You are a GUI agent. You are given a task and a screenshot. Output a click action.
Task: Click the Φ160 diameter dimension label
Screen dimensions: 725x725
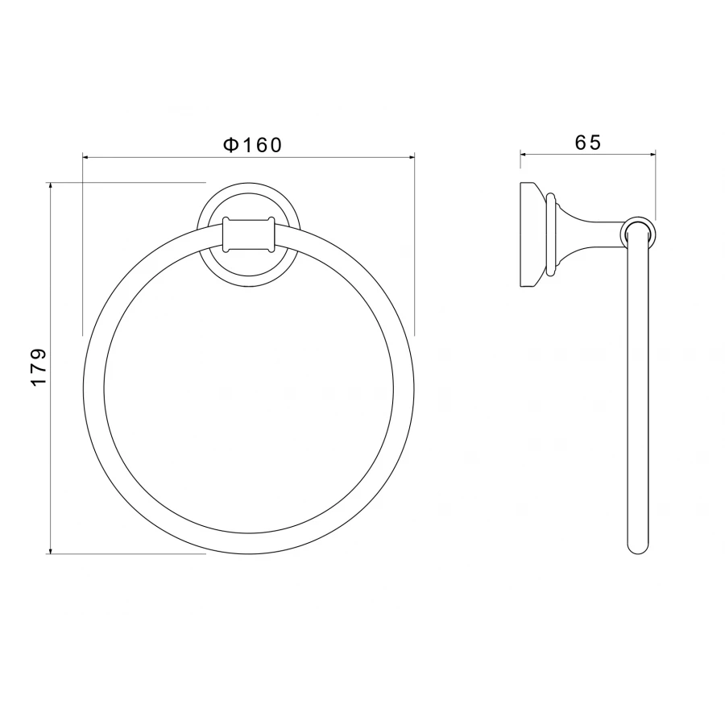coord(252,145)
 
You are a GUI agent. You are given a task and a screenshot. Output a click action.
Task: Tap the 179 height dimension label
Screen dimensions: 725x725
coord(39,367)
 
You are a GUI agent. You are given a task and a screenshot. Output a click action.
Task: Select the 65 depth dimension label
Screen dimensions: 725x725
coord(588,143)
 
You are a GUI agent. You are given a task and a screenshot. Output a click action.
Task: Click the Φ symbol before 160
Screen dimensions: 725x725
coord(230,145)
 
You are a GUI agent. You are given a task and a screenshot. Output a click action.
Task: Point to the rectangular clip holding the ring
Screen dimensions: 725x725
coord(249,235)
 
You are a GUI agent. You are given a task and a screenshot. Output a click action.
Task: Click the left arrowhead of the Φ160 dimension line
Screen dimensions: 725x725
coord(86,158)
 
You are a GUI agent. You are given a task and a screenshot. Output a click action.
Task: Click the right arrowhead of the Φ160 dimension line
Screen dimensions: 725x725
coord(410,158)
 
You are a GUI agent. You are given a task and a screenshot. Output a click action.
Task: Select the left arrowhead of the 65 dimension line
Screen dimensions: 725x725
coord(524,155)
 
